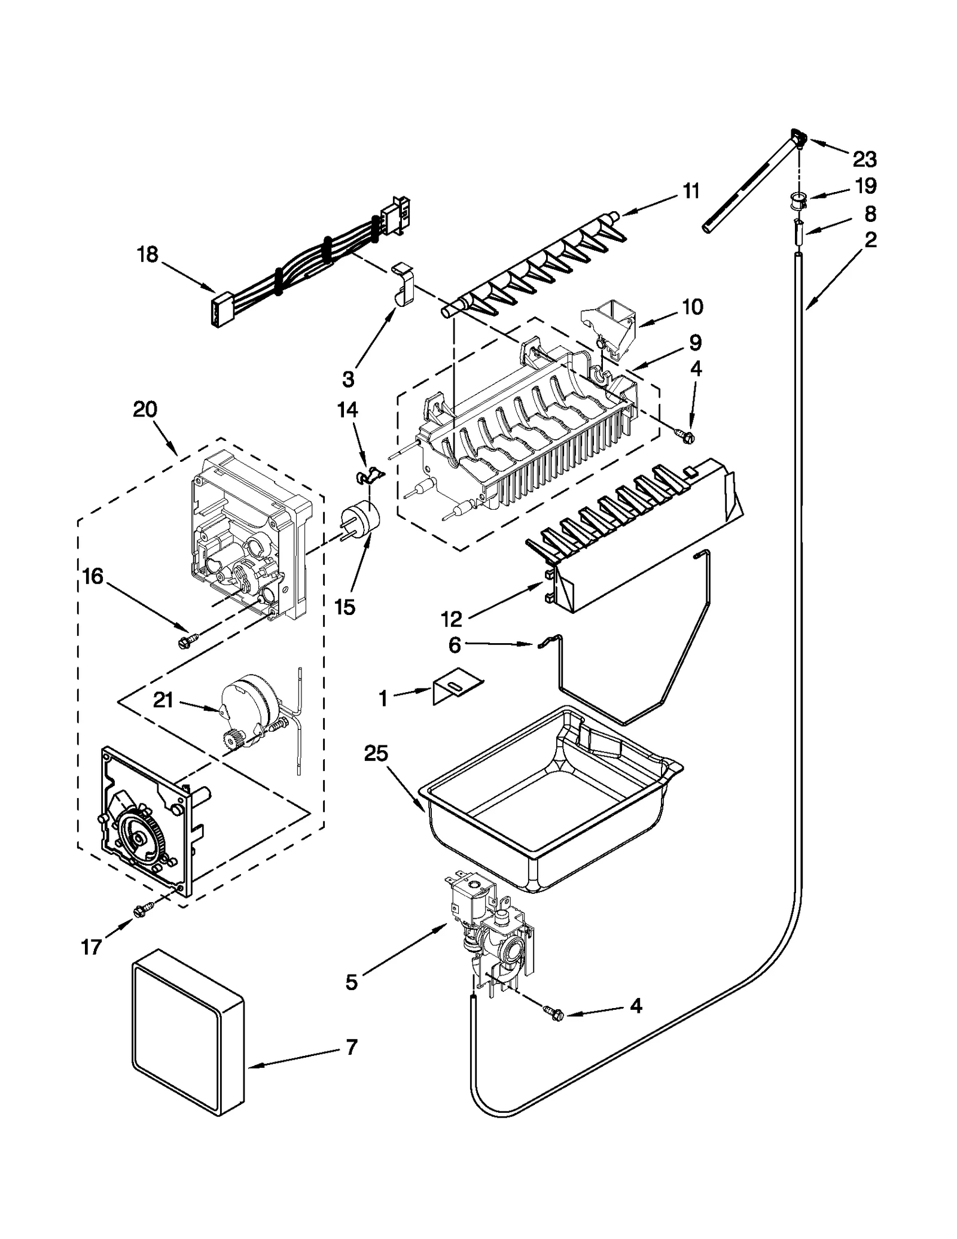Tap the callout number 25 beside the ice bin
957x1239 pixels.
coord(376,754)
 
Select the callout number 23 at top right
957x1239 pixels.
coord(864,159)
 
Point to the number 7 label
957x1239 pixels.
coord(351,1046)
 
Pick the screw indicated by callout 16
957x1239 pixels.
coord(182,642)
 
